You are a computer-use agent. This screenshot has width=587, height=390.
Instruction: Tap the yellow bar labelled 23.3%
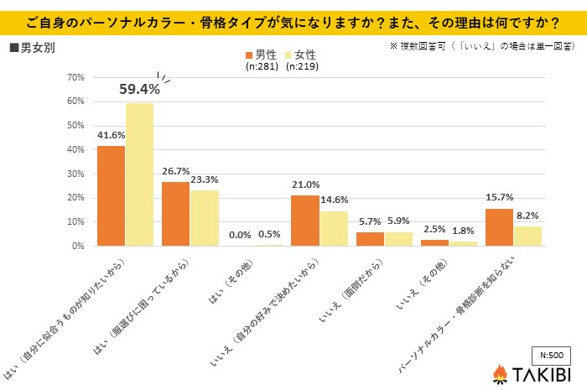tap(205, 218)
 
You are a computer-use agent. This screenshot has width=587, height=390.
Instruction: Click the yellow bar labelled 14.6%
tap(335, 228)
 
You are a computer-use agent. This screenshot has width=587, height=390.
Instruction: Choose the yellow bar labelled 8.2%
tap(527, 236)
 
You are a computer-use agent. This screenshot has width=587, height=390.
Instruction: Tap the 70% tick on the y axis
tap(75, 77)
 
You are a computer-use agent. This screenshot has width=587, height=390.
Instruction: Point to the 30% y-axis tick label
tap(75, 174)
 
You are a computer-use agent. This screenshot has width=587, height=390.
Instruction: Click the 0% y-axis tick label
tap(77, 246)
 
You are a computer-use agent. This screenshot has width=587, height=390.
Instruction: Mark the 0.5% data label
tap(270, 235)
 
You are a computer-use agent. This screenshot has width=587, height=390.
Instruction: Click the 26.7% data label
tap(176, 170)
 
